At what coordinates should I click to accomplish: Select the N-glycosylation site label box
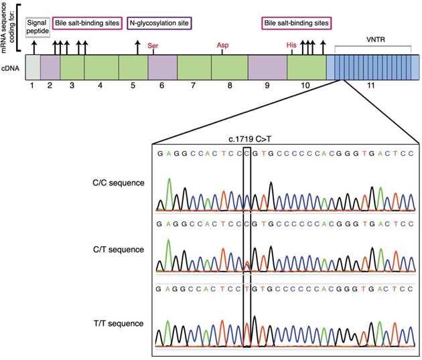point(159,23)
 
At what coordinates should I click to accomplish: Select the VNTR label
point(375,41)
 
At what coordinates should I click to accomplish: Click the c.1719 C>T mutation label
point(247,140)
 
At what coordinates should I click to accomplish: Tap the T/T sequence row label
point(120,323)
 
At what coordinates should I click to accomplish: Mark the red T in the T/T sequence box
point(248,288)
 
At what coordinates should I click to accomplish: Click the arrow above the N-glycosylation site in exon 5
point(138,47)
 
